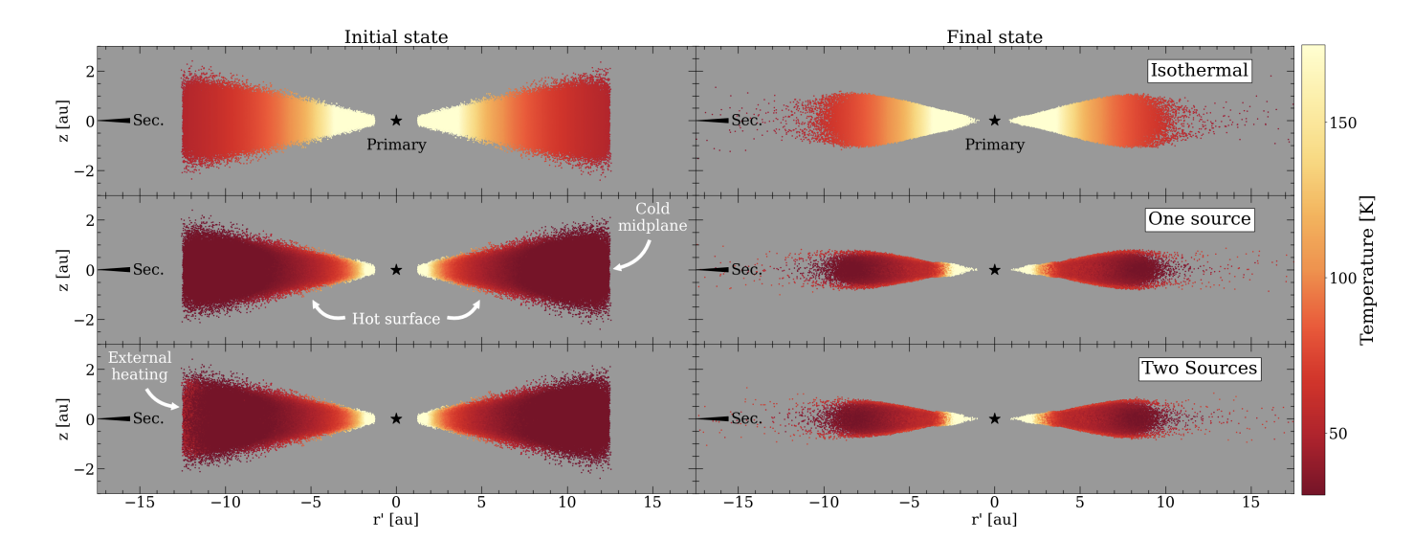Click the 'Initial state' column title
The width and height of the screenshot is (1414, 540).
pos(396,36)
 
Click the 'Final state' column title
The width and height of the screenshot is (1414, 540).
pos(994,36)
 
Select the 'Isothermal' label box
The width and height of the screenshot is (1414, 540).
pos(1200,71)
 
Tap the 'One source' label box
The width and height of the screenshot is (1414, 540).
pos(1199,219)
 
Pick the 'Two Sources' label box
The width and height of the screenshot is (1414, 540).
pos(1198,368)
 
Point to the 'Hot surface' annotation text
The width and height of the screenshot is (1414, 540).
pos(396,319)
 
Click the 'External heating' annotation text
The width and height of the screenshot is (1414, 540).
pos(140,366)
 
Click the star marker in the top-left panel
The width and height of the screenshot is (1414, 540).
pos(396,121)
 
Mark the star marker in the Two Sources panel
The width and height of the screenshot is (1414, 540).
pos(995,418)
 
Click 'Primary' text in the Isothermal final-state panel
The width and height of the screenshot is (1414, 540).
pos(994,146)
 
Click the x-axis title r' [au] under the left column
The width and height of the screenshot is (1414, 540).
pos(396,521)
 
